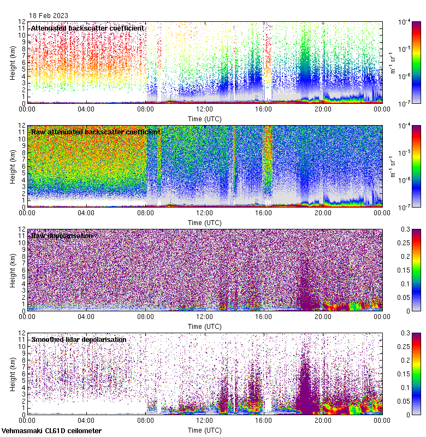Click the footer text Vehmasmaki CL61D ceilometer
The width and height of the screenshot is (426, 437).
(51, 431)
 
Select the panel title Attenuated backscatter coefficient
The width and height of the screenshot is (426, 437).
(87, 28)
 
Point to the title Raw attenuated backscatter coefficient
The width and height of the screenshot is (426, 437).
(96, 132)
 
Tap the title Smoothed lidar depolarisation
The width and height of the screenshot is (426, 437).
(79, 339)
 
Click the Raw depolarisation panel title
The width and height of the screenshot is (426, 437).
(61, 235)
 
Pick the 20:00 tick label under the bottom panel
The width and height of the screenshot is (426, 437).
(323, 420)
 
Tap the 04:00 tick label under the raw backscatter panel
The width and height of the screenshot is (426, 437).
(86, 212)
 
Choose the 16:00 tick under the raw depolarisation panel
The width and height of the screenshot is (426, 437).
(264, 316)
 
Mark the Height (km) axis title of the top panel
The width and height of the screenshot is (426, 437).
(13, 62)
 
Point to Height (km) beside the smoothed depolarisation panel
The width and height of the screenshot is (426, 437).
(13, 374)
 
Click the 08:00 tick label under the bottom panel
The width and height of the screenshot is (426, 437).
(145, 420)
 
